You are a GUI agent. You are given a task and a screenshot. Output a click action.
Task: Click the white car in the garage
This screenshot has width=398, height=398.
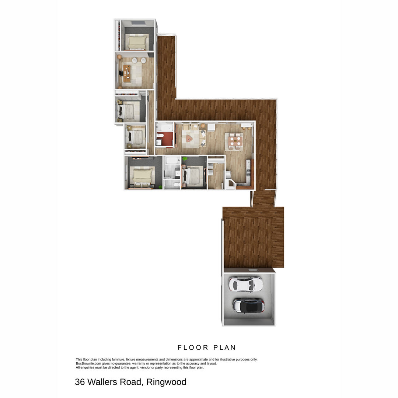[245, 284]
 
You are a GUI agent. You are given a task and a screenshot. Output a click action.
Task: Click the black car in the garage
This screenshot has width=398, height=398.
[248, 306]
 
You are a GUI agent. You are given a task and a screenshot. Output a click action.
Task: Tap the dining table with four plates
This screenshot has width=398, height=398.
[235, 142]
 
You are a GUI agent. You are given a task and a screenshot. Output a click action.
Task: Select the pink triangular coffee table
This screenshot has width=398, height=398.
[189, 138]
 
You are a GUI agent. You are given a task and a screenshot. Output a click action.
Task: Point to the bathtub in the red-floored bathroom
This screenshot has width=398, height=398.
[164, 128]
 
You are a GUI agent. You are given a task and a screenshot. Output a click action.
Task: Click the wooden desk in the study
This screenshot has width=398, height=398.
[127, 73]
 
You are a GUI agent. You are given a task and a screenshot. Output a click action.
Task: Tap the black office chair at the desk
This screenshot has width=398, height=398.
[121, 73]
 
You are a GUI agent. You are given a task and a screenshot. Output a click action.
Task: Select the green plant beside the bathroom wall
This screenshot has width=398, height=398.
[185, 159]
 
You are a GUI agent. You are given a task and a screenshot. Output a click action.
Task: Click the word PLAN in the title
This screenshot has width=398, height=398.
[225, 348]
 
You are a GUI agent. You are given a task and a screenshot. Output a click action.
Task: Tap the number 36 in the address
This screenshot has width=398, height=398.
[80, 382]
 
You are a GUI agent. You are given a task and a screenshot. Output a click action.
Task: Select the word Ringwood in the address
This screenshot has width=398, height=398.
[166, 382]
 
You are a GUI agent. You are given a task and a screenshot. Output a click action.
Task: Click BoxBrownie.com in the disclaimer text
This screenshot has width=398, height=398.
[88, 363]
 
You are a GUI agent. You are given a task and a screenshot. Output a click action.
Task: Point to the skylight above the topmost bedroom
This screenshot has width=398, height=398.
[139, 23]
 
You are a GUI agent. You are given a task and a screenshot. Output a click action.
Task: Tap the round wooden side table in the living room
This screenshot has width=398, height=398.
[203, 125]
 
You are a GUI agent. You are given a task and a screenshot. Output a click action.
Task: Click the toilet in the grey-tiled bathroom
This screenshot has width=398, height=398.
[176, 185]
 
